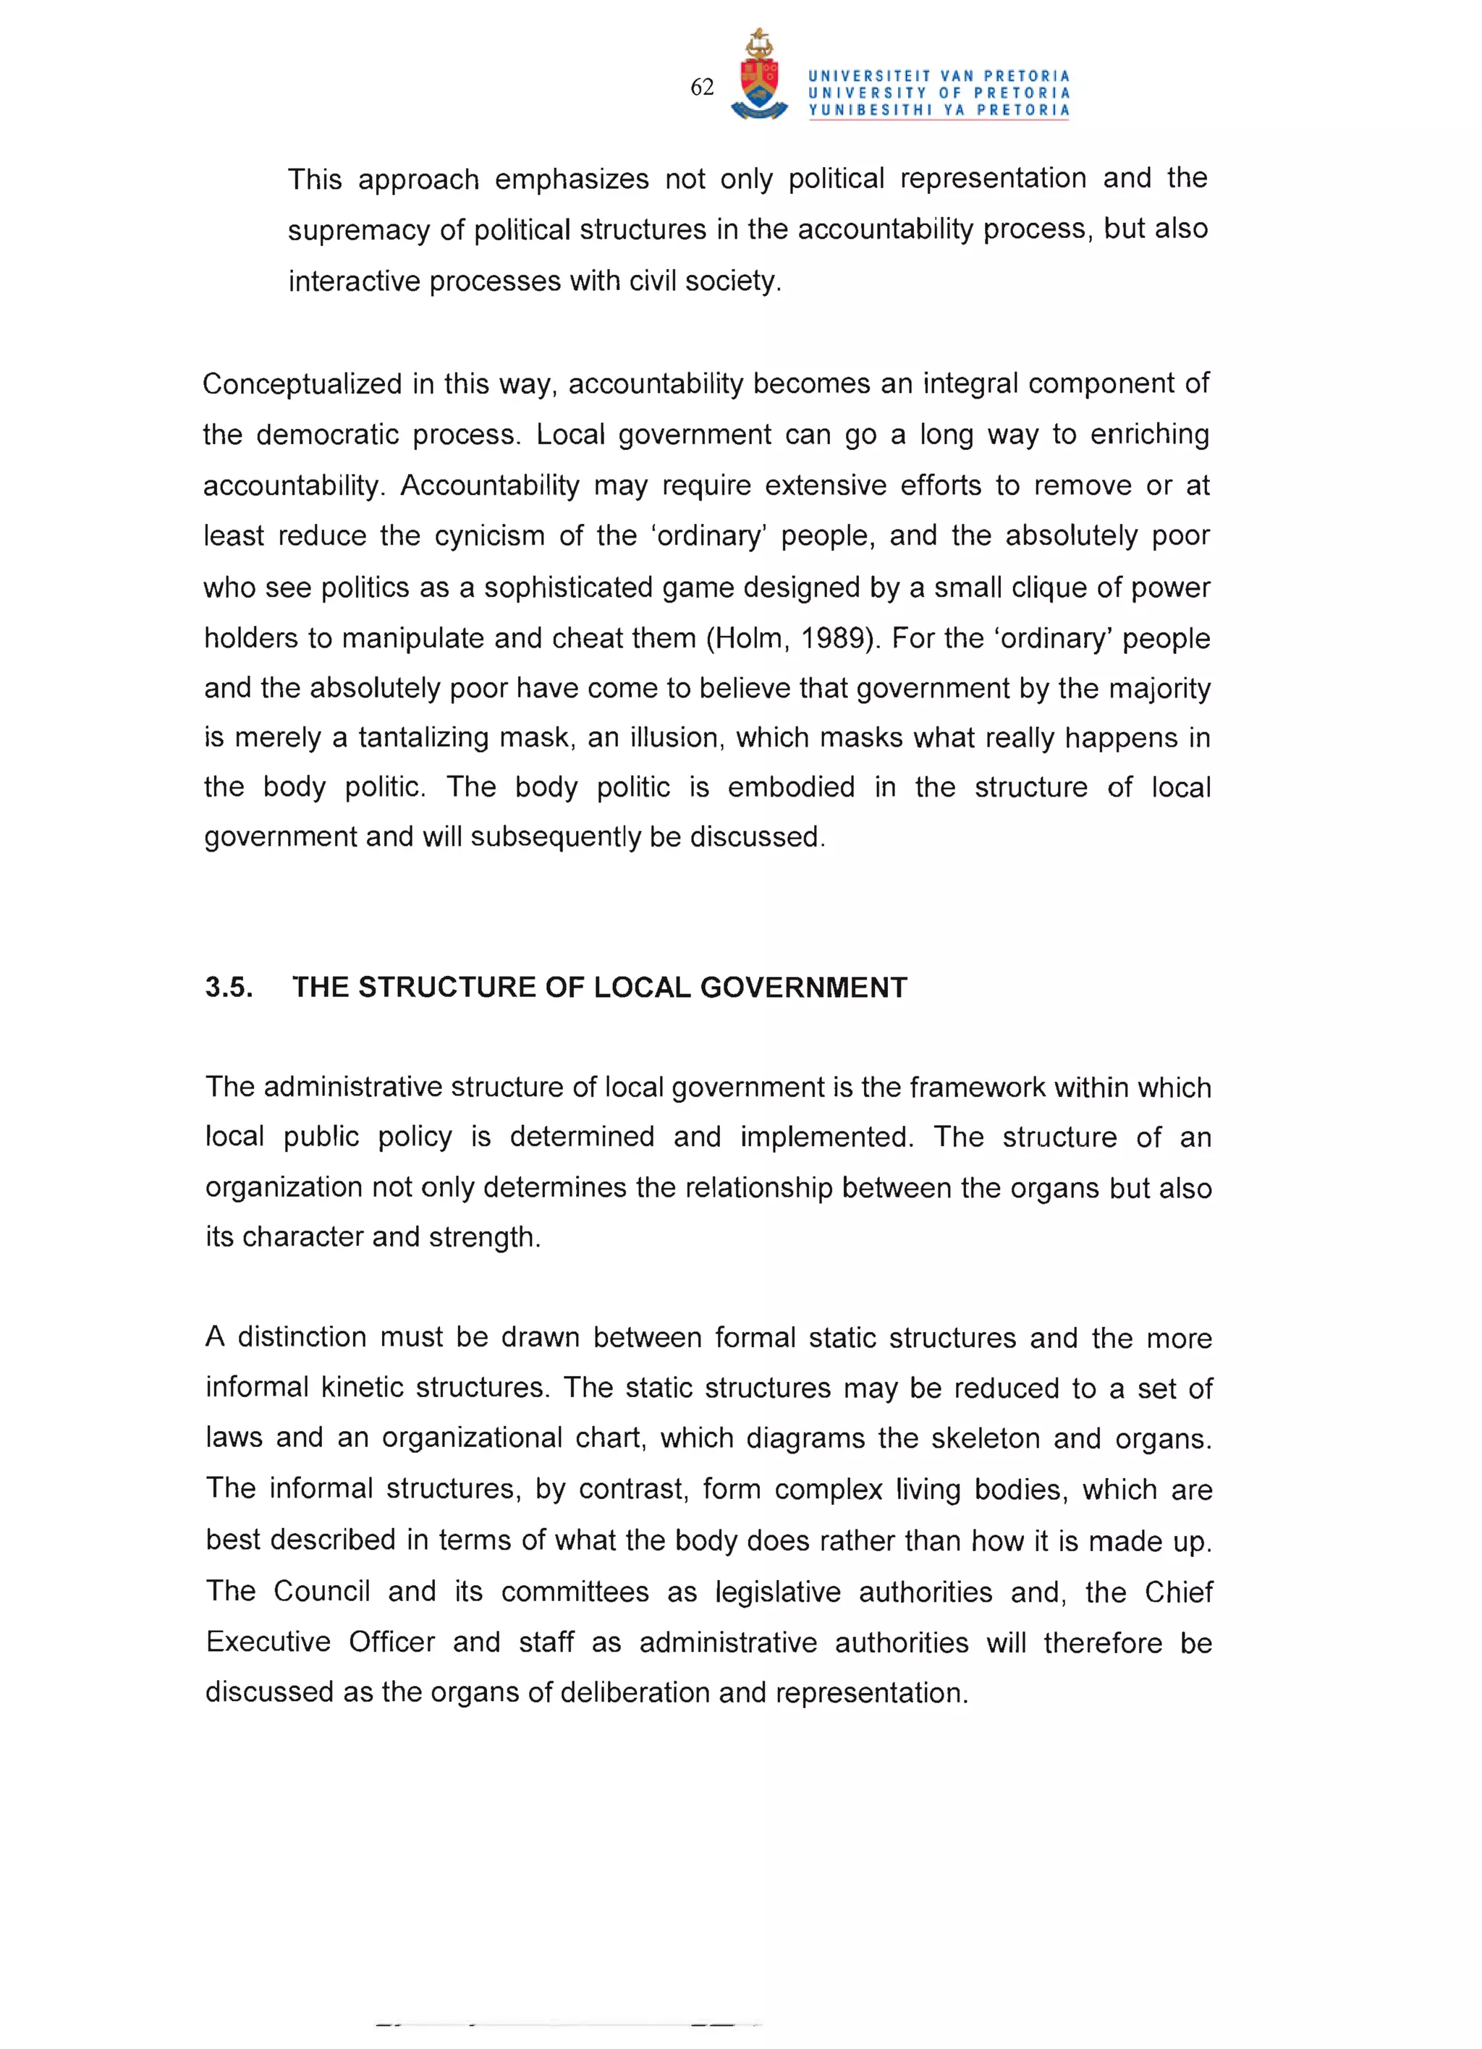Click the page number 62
point(701,88)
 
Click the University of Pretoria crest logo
point(758,76)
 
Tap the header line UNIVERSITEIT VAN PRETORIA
point(938,76)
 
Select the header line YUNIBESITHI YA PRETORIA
point(938,110)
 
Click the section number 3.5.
point(228,987)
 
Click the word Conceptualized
point(302,384)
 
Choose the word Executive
point(268,1642)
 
